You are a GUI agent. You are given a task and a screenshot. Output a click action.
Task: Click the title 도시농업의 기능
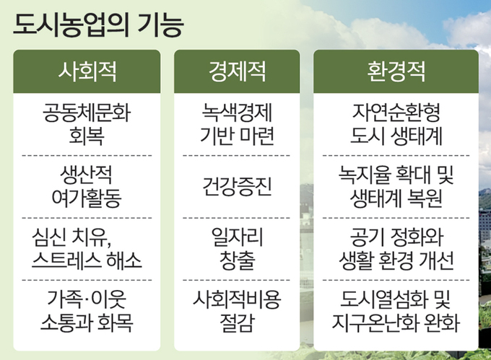pos(98,25)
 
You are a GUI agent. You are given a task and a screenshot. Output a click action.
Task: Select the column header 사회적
pos(87,71)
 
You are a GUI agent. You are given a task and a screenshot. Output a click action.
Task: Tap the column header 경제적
pos(237,71)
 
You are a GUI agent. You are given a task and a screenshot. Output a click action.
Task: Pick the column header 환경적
pos(396,71)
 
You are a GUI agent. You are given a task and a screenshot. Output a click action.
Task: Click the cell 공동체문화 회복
pos(87,125)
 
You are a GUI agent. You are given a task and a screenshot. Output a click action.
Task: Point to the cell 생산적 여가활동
pos(87,186)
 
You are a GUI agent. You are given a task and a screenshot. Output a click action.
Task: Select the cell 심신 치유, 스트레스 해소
pos(87,249)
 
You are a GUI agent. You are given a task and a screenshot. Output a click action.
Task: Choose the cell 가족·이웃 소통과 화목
pos(87,311)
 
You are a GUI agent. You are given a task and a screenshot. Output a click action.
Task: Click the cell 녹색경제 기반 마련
pos(237,125)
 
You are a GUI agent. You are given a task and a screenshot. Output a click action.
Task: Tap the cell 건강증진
pos(237,186)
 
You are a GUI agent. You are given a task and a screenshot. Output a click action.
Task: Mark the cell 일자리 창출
pos(237,249)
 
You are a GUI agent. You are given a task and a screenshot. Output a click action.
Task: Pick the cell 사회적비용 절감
pos(237,311)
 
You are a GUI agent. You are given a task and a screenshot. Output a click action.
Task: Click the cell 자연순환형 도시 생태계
pos(396,125)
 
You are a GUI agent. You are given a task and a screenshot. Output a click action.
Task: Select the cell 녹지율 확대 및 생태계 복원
pos(396,186)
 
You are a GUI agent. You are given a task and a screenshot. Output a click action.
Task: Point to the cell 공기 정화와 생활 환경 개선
pos(396,249)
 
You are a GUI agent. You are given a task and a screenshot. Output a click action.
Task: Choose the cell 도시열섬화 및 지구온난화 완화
pos(396,311)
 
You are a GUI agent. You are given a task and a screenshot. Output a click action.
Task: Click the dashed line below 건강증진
pos(237,218)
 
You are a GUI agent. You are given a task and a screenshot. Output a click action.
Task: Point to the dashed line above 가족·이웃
pos(87,280)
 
